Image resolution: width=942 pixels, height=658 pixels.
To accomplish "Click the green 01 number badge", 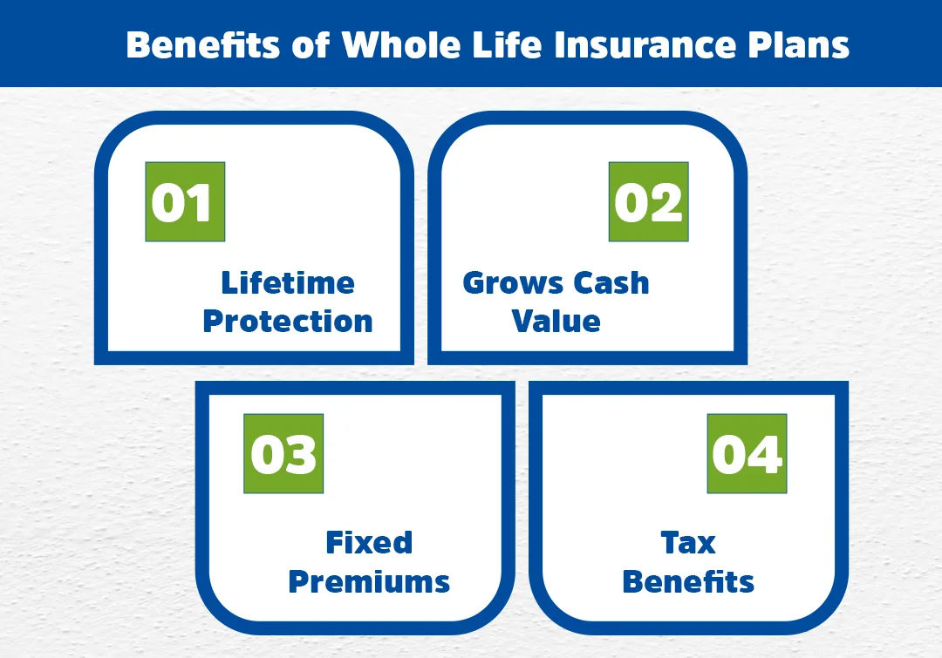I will (185, 201).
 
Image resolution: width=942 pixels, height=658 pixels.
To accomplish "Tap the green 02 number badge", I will (648, 201).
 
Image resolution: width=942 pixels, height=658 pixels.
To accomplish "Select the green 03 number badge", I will (283, 454).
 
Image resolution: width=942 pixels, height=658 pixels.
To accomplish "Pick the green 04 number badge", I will (747, 454).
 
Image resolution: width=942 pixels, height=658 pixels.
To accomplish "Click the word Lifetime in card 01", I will (288, 282).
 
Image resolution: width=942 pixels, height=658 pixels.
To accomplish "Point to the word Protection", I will (288, 321).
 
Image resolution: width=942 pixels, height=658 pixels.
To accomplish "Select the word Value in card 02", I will (556, 321).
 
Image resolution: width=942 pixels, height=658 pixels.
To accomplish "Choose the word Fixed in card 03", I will (369, 542).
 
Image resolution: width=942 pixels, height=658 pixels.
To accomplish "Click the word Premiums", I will (369, 581).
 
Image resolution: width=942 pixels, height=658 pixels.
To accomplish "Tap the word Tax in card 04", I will (688, 542).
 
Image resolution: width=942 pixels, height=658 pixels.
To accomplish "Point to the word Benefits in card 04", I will (688, 581).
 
